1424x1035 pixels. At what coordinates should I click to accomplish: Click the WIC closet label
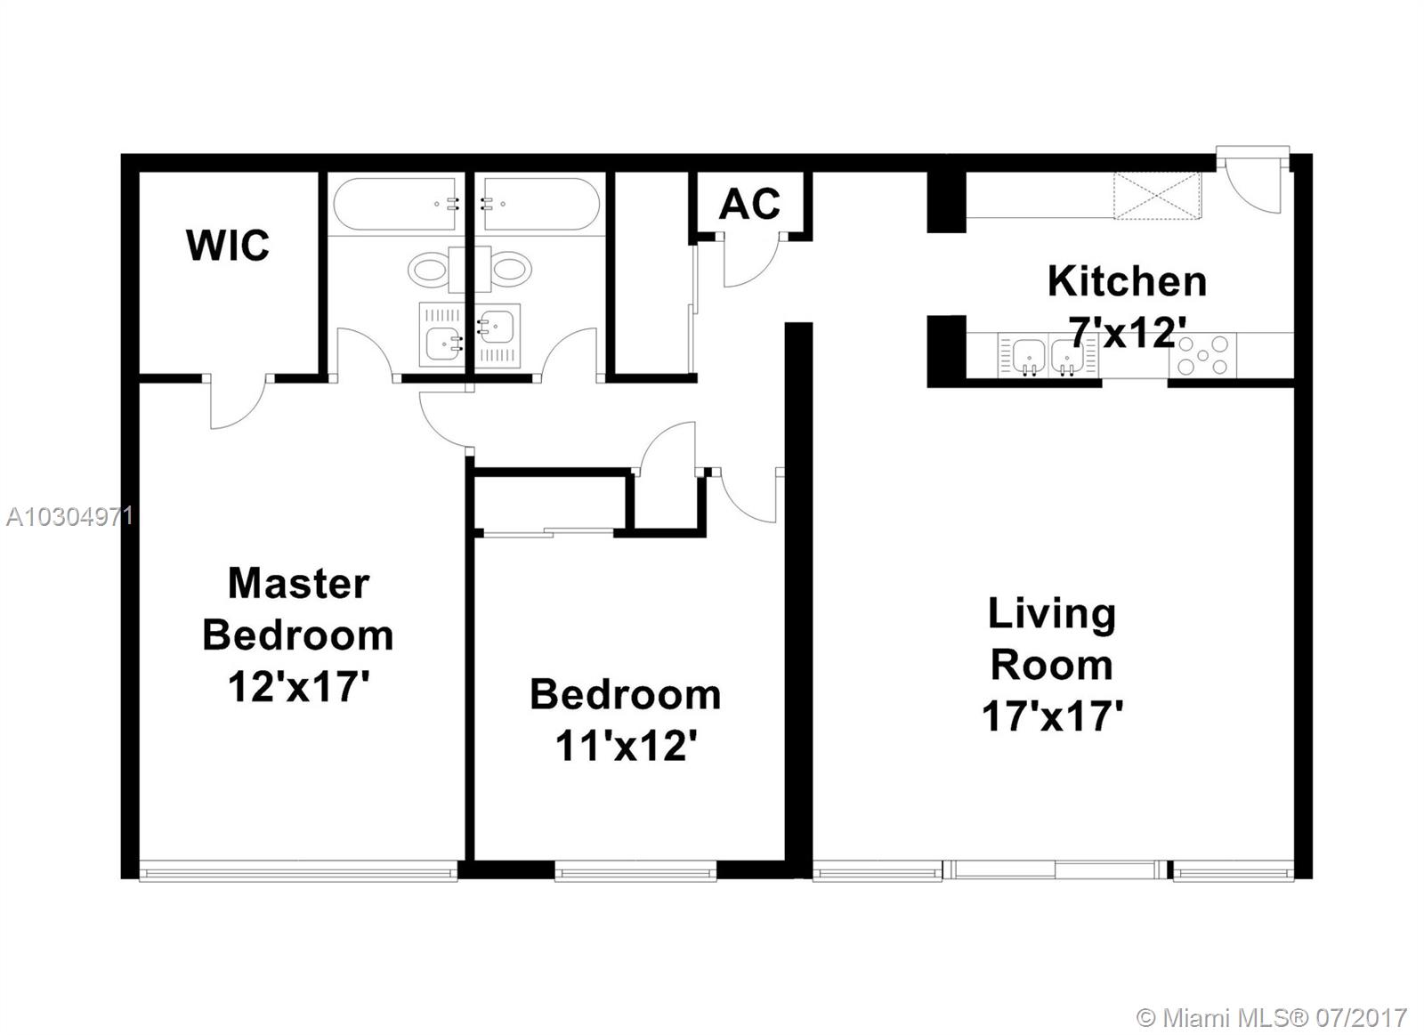[x=228, y=245]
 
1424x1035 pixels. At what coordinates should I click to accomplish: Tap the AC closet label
[x=749, y=204]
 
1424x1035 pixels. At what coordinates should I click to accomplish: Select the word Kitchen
[x=1127, y=281]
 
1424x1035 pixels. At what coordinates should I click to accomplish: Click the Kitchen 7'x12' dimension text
[x=1129, y=333]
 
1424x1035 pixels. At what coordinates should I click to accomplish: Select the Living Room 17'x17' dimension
[x=1052, y=716]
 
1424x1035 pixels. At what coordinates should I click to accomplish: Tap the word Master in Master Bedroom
[x=299, y=583]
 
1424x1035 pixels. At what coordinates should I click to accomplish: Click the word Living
[x=1052, y=615]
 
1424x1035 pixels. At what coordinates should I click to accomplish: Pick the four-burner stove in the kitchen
[x=1202, y=355]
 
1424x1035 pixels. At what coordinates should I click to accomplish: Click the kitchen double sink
[x=1048, y=355]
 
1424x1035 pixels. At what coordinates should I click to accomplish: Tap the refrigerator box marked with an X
[x=1158, y=196]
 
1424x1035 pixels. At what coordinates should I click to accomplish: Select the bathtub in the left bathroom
[x=394, y=204]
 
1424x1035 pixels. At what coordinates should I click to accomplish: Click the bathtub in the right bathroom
[x=541, y=204]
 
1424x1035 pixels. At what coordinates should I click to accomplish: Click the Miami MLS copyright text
[x=1272, y=1018]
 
